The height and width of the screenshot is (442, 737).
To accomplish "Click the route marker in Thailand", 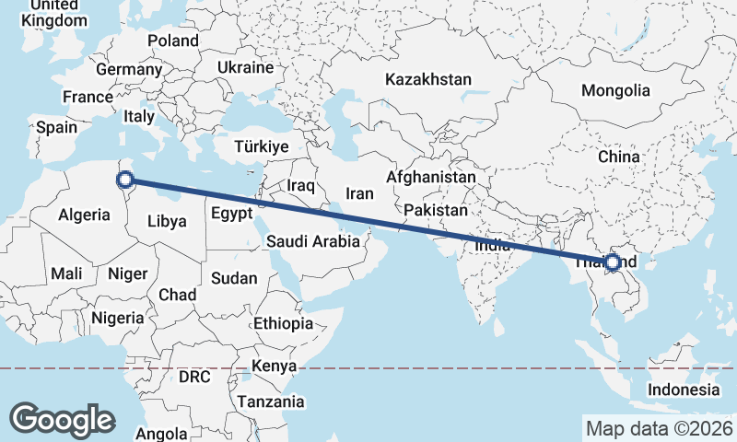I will click(613, 263).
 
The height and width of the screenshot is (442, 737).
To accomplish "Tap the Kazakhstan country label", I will click(429, 79).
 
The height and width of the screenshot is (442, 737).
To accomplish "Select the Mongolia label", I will click(615, 90).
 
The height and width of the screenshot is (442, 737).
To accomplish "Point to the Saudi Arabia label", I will click(312, 242).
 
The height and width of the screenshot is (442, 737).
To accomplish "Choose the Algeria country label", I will click(85, 215).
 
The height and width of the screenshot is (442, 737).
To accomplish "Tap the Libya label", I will click(167, 221).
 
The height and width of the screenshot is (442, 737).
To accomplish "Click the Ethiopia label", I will click(283, 323).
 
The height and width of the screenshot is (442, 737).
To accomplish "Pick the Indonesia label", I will click(683, 390).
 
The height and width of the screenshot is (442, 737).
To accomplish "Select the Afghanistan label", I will click(431, 177).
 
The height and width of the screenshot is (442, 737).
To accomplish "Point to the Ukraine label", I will click(245, 67).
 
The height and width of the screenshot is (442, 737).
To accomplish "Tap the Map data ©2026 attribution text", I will click(659, 428).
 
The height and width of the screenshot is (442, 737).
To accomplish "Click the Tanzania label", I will click(271, 401).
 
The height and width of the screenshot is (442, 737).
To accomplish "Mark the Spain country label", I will click(57, 128).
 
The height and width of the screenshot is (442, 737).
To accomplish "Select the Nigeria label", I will click(118, 318).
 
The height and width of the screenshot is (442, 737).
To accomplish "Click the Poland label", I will click(172, 41).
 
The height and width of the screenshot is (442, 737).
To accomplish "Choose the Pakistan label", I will click(436, 210).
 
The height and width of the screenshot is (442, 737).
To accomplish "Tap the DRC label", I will click(195, 378).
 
